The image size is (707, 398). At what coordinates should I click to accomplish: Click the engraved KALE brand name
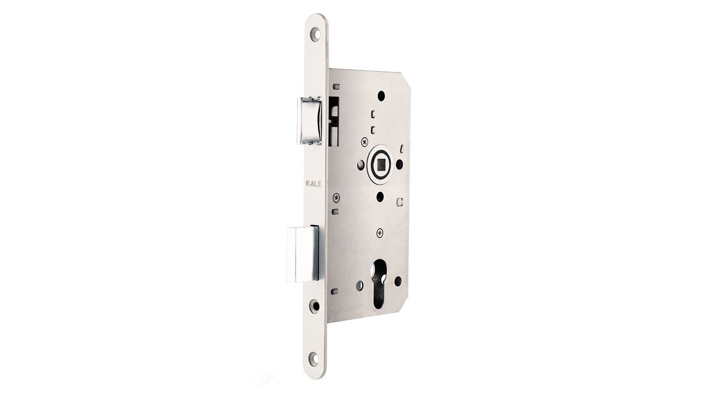(314, 183)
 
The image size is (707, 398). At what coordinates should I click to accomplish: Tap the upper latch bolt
(310, 120)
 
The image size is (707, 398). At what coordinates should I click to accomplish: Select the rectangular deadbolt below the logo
(303, 253)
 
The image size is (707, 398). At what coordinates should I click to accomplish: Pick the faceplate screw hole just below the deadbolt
(315, 305)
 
